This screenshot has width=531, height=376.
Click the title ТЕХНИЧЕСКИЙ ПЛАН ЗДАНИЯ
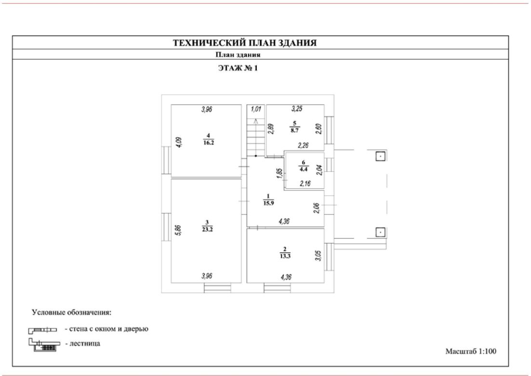245,43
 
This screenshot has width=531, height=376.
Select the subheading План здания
238,55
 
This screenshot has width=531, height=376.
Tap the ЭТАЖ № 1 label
239,68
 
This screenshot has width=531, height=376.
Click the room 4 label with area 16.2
208,139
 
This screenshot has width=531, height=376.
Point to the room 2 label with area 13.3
285,252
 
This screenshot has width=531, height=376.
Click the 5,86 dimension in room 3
178,230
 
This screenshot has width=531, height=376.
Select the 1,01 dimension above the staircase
256,110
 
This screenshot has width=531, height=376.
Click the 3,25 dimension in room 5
297,110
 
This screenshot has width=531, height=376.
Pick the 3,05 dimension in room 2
318,255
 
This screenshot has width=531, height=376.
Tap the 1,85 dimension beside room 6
279,173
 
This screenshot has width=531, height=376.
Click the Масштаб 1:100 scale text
471,351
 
